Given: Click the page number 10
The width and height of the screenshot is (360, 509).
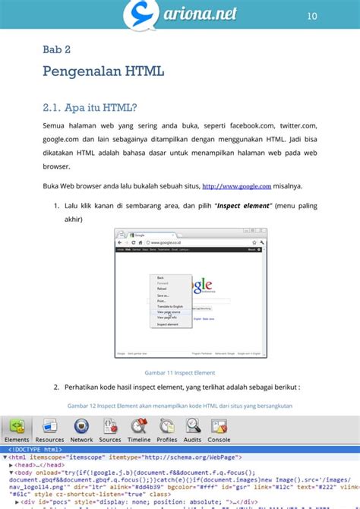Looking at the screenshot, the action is (311, 16).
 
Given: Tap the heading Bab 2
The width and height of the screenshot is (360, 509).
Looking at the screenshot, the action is (57, 50).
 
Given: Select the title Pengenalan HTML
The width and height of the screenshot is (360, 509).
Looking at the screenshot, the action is (103, 73).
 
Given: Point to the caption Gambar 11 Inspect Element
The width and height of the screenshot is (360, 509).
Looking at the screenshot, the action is (179, 373).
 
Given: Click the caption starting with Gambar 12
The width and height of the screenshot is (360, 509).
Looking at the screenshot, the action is (179, 406).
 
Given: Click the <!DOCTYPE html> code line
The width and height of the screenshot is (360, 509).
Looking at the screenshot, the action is (35, 449).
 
